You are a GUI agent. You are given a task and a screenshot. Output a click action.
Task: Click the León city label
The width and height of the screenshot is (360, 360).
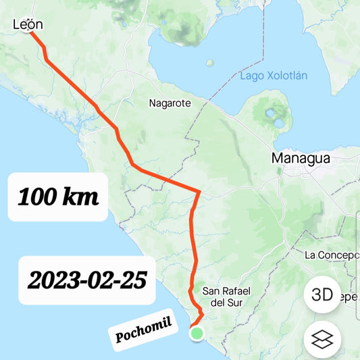28,25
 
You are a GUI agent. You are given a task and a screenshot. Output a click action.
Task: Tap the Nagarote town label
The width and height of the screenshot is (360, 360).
170,103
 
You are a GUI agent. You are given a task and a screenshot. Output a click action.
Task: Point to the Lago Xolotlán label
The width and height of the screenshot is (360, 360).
274,76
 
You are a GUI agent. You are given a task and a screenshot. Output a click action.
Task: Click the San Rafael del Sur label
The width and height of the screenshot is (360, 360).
226,297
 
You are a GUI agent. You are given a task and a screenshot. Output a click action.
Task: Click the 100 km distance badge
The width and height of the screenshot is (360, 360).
58,197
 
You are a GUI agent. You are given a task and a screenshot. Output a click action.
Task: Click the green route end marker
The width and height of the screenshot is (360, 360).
197,333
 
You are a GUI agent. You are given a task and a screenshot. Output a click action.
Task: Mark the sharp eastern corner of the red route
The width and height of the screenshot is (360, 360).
199,192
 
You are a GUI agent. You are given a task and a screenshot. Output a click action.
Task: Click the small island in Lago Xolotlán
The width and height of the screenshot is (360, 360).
210,63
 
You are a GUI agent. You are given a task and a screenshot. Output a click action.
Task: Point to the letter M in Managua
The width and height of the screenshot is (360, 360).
278,159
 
